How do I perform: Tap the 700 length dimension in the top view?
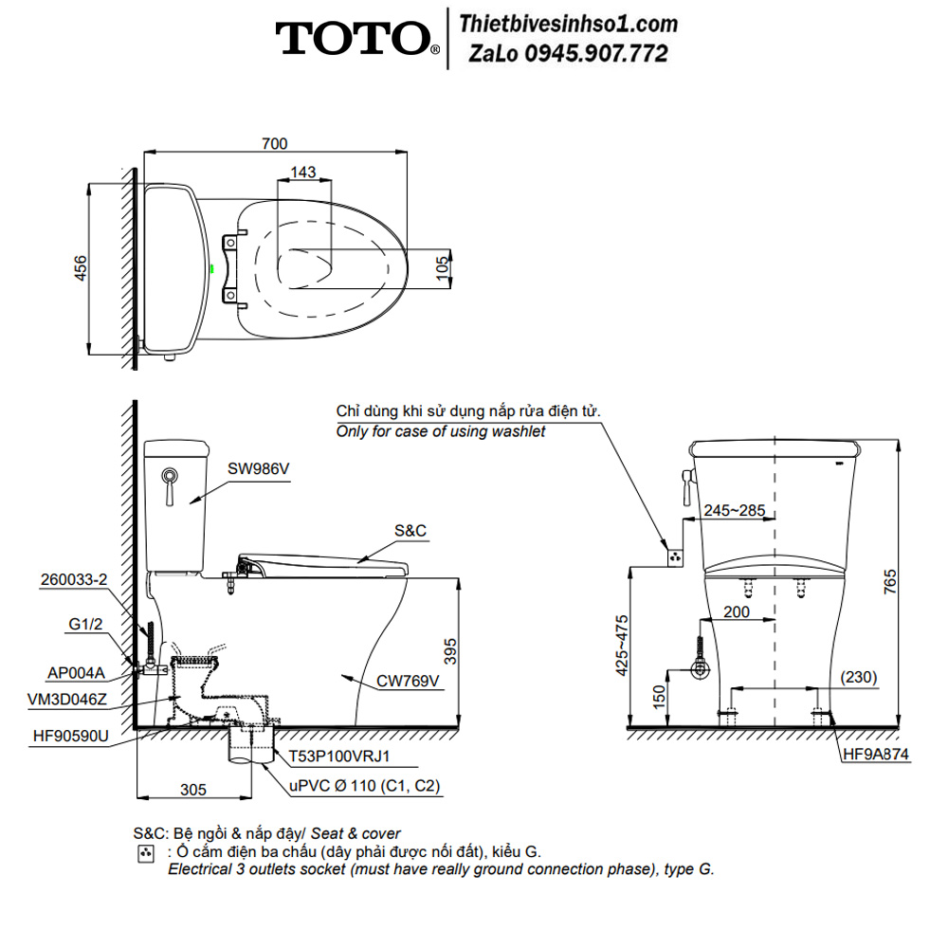click(x=275, y=143)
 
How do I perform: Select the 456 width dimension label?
click(x=81, y=268)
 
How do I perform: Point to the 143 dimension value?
click(x=303, y=172)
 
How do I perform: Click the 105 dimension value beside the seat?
click(x=443, y=268)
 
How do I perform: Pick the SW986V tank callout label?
click(x=258, y=468)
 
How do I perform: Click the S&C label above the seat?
click(x=410, y=530)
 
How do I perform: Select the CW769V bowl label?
click(x=408, y=681)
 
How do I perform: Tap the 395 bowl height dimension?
click(x=449, y=652)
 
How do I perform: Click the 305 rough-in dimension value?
click(x=193, y=790)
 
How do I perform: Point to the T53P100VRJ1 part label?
click(x=339, y=757)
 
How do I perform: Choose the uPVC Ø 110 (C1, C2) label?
click(x=365, y=785)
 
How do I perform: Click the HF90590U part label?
click(x=71, y=736)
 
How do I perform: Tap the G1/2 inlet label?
click(x=85, y=624)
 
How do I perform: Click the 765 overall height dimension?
click(x=890, y=582)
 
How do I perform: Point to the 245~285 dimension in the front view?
click(x=735, y=510)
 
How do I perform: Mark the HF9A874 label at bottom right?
click(x=876, y=754)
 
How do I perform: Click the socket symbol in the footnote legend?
click(x=146, y=854)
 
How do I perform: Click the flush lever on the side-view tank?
click(x=171, y=484)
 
